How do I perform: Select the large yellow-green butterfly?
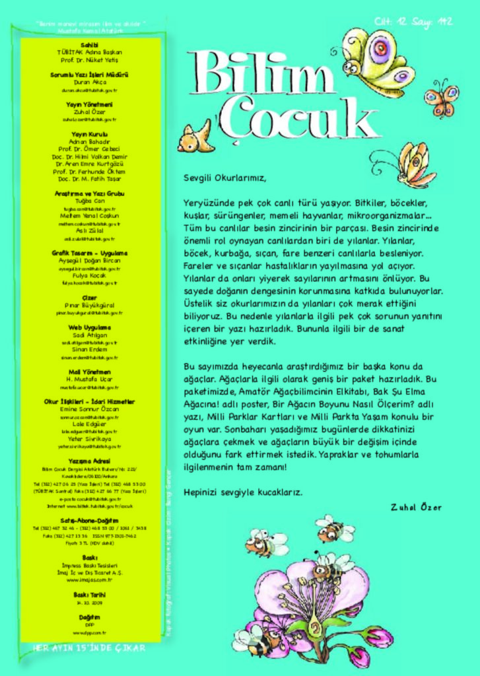coord(376,63)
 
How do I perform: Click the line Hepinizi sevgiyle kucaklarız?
coord(243,492)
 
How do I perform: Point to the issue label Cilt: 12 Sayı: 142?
coord(413,22)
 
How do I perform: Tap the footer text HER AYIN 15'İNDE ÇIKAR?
coord(90,648)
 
